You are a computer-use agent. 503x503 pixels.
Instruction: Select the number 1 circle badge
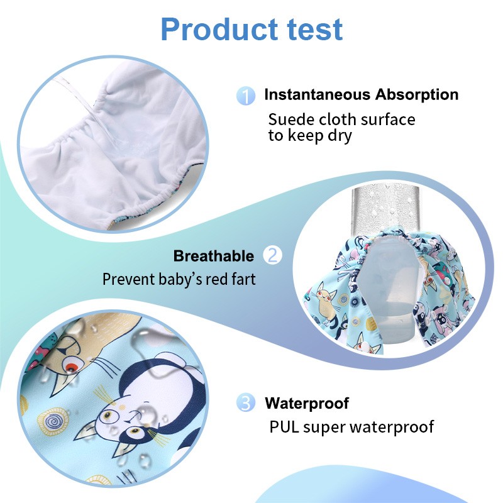pyautogui.click(x=246, y=96)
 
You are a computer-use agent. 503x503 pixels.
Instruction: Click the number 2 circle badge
pyautogui.click(x=273, y=256)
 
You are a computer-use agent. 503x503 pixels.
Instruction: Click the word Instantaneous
pyautogui.click(x=317, y=95)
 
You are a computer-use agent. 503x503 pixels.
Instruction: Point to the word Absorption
pyautogui.click(x=417, y=95)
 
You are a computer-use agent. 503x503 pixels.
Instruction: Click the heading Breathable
pyautogui.click(x=214, y=257)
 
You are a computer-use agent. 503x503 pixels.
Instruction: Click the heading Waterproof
pyautogui.click(x=307, y=403)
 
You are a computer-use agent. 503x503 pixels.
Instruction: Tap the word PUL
pyautogui.click(x=284, y=427)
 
